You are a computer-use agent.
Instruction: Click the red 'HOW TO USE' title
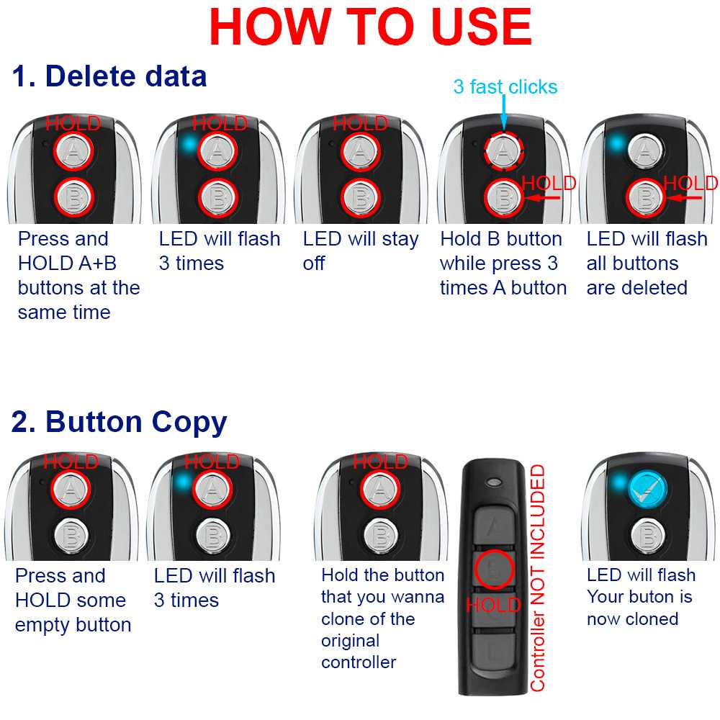[370, 27]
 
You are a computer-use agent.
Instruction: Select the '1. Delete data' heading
[109, 76]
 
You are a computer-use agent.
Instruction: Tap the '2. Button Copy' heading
[119, 423]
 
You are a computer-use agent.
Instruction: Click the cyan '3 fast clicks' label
[505, 87]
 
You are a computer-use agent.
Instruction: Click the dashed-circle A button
[504, 150]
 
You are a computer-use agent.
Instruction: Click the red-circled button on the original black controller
[494, 570]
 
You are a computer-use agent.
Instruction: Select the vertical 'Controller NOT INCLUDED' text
[538, 578]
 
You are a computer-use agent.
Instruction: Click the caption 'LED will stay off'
[361, 251]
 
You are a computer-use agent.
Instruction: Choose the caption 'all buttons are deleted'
[637, 276]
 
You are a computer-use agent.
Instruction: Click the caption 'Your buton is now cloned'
[639, 608]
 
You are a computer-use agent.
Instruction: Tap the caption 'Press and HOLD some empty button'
[73, 600]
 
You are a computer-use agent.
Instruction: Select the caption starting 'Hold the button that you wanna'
[382, 618]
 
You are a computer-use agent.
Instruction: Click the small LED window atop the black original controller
[495, 482]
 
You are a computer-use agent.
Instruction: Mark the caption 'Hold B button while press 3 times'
[503, 264]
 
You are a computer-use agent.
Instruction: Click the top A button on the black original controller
[494, 526]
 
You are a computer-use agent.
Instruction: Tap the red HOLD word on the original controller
[494, 605]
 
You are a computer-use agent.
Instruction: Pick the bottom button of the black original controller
[494, 652]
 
